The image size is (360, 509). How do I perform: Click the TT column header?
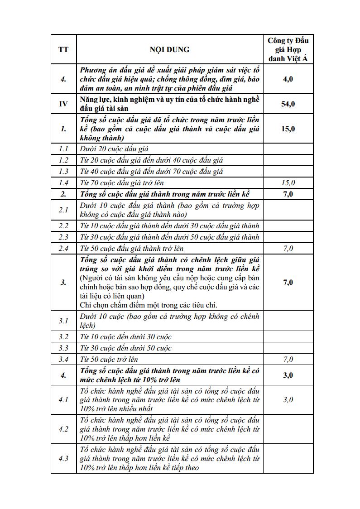coord(63,49)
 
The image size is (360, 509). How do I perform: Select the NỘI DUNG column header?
coord(170,49)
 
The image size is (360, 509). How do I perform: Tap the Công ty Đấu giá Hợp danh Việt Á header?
coord(288,49)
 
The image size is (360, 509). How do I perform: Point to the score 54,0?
coord(288,104)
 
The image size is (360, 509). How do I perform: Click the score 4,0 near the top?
coord(288,79)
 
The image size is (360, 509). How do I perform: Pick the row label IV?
coord(63,104)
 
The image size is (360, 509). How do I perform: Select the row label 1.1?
coord(63,149)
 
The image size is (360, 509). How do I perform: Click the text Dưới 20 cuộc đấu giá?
coord(114,149)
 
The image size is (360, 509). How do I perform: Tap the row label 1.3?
coord(63,171)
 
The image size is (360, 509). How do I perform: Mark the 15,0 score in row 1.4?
coord(288,182)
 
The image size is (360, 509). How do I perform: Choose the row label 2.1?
coord(63,210)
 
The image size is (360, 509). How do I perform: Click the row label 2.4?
coord(63,248)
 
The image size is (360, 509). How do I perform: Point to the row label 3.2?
coord(63,336)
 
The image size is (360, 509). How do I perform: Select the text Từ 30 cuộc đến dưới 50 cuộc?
coord(126,348)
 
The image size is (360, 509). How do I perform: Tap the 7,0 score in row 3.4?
coord(288,359)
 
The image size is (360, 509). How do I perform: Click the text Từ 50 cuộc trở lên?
coord(109,359)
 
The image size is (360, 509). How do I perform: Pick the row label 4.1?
coord(63,399)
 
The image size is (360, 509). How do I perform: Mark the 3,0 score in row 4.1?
coord(288,399)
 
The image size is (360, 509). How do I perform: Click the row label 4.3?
coord(63,458)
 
